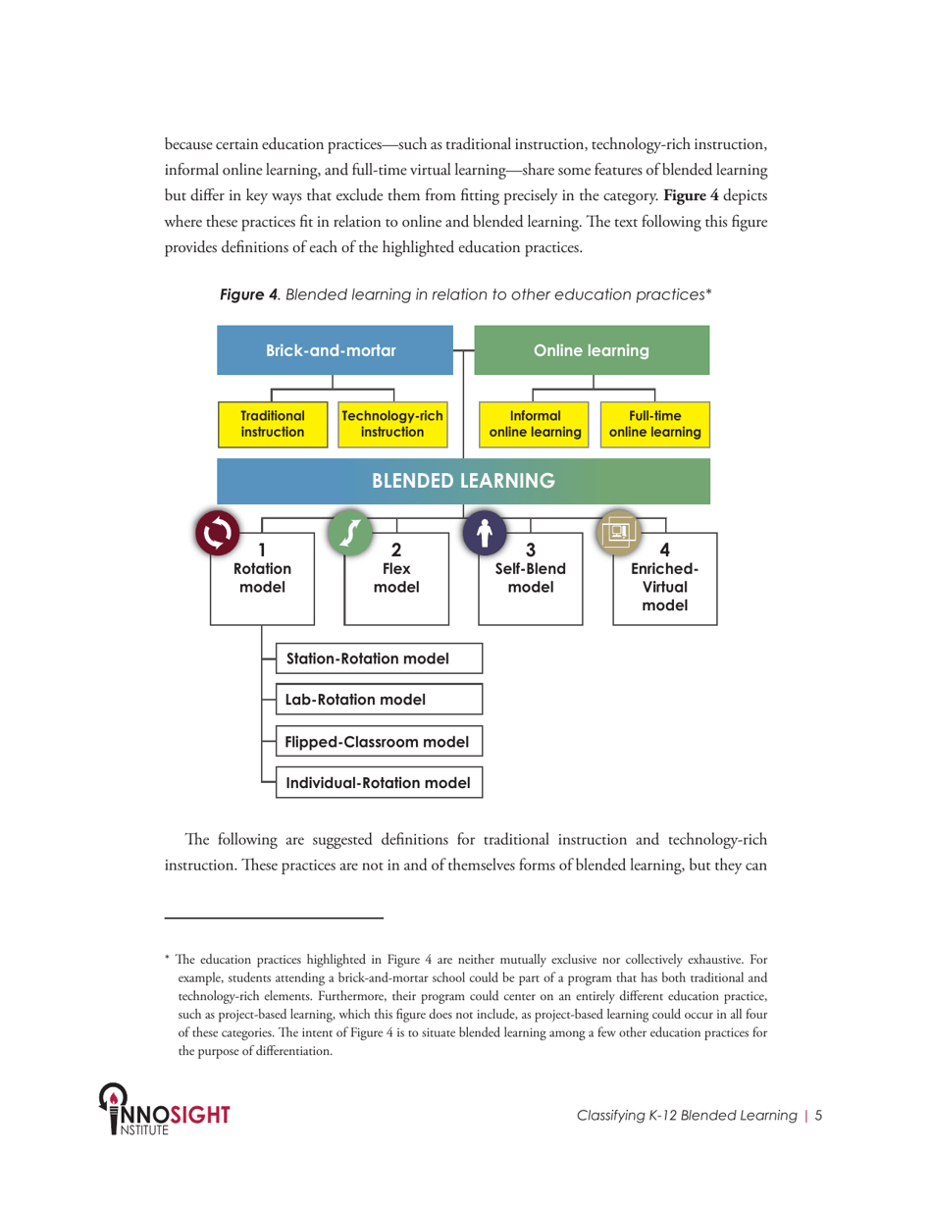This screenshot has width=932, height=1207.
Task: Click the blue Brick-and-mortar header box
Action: point(332,350)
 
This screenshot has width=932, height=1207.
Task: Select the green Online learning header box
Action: point(591,350)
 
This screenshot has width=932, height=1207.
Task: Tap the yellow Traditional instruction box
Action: point(274,424)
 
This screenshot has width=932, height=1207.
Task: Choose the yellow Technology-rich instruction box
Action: point(391,424)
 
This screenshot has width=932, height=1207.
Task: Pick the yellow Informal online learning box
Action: point(535,424)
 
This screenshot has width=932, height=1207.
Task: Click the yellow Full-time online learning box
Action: point(654,424)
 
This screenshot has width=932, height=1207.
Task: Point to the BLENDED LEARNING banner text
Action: point(463,481)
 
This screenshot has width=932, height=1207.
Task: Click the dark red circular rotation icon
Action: point(219,532)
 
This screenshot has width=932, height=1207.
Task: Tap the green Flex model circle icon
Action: point(350,532)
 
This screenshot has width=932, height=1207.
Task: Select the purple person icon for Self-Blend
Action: point(484,532)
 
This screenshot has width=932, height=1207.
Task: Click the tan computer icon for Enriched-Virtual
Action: point(619,532)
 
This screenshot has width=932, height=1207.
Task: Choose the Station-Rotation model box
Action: point(379,658)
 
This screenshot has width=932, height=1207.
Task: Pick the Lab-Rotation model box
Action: point(379,700)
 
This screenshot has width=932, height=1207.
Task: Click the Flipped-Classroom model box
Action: point(379,741)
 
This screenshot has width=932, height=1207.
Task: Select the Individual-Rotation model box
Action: point(379,782)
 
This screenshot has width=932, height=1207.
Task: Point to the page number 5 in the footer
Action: point(819,1115)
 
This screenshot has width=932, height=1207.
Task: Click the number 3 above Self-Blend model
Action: point(530,551)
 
